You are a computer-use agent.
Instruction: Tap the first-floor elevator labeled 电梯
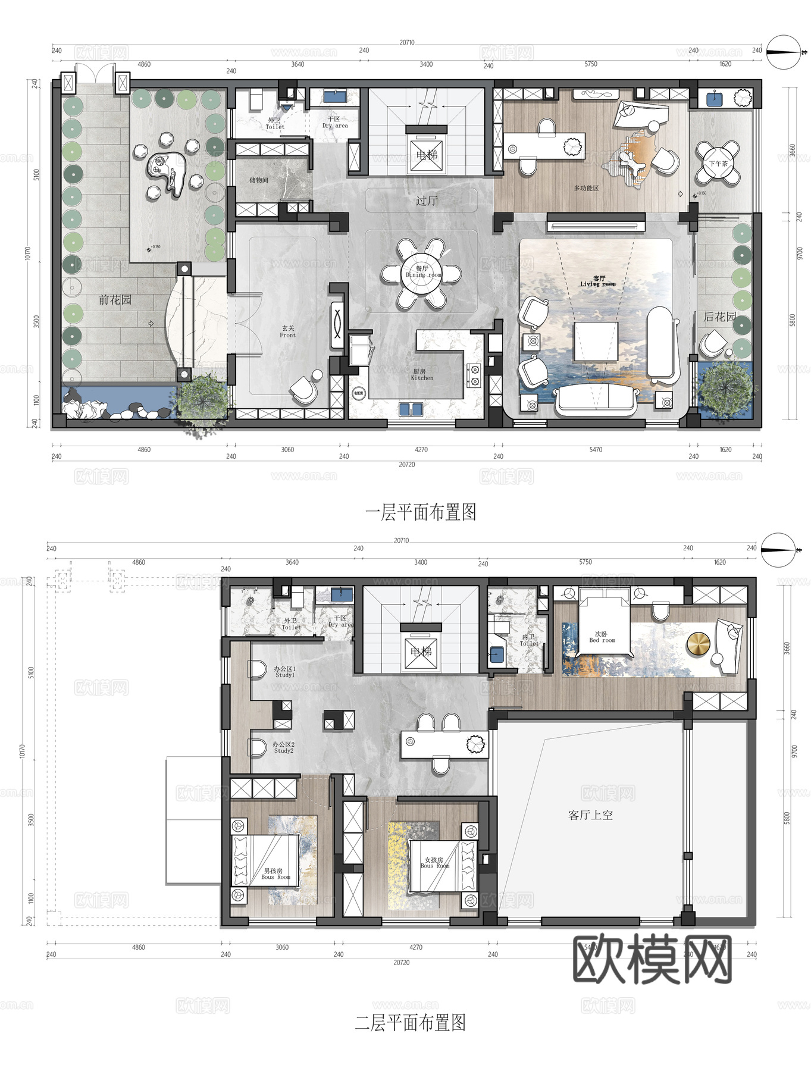pos(427,155)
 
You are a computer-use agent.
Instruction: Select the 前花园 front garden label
pos(115,300)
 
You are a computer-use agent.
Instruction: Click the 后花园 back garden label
pos(719,317)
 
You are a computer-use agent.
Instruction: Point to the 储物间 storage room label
pos(259,180)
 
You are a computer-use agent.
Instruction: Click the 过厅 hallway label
pos(426,201)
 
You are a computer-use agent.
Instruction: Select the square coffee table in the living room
pos(596,342)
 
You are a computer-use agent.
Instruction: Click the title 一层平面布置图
pos(421,512)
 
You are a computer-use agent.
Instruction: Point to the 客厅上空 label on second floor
pos(590,815)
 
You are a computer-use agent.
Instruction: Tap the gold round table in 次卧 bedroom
pos(699,645)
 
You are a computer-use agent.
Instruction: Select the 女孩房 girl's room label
pos(434,862)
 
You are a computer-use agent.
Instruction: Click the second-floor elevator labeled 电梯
pos(421,652)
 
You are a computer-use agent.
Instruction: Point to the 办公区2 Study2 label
pos(284,747)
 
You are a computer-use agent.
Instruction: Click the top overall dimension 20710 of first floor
pos(407,43)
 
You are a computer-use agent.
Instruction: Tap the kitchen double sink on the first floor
pos(411,409)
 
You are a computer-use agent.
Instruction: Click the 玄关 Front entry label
pos(288,331)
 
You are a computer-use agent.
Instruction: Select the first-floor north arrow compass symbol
pos(782,53)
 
